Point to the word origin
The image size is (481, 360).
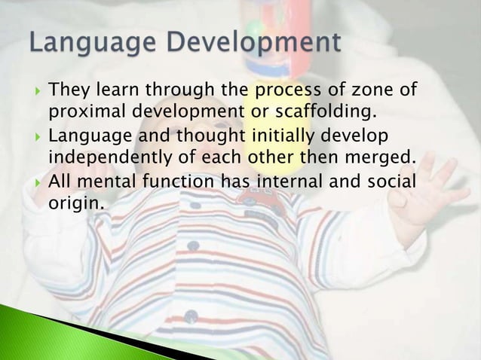click(x=75, y=203)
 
